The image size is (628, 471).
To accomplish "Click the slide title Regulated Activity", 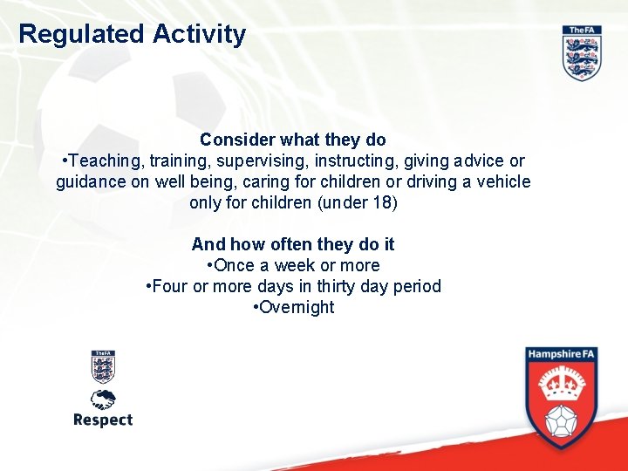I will click(133, 35).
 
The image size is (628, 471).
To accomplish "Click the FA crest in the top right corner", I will click(582, 53).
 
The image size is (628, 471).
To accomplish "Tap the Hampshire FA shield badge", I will click(561, 397).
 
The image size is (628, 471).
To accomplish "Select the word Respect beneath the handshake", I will click(103, 420).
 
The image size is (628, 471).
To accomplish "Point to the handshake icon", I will click(103, 399).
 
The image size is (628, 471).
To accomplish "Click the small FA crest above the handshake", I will click(103, 366).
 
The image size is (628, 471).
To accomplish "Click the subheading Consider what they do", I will click(292, 140).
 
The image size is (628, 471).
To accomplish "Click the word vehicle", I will click(500, 182).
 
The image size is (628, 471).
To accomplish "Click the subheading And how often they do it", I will click(292, 244).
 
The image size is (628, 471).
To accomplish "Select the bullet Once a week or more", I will click(292, 265).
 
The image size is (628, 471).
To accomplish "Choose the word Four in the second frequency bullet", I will click(170, 286).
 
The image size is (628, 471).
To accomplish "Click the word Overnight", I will click(295, 307).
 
